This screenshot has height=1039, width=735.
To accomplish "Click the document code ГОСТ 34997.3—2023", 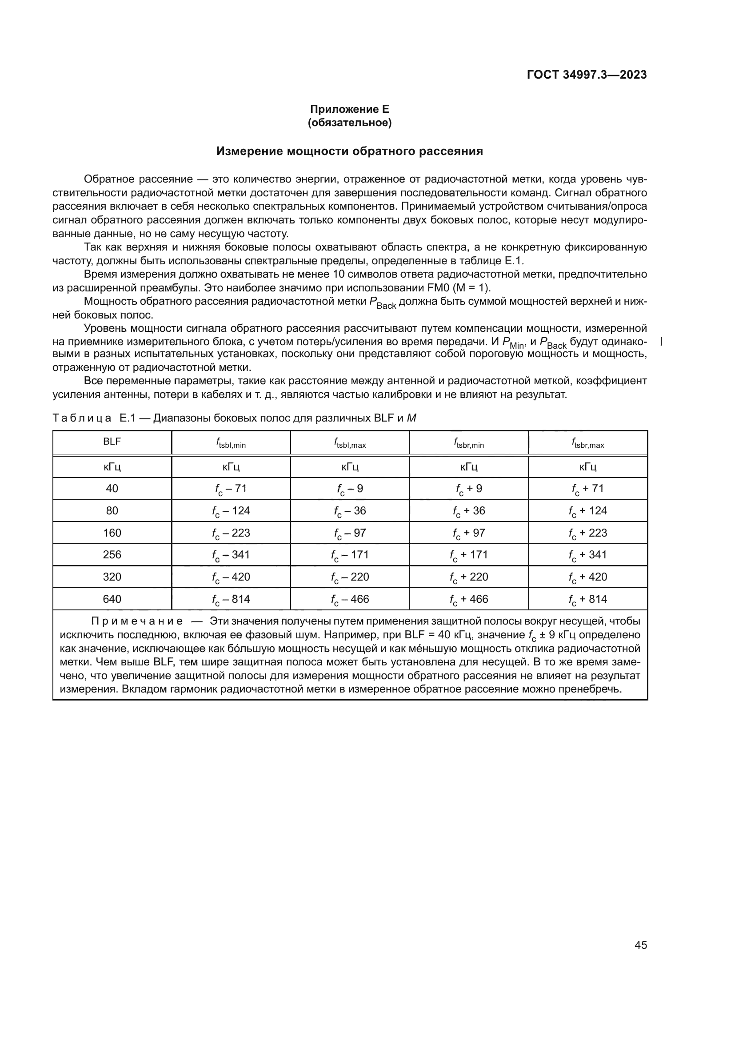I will pyautogui.click(x=587, y=75).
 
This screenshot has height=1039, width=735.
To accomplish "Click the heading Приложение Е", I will pyautogui.click(x=349, y=109).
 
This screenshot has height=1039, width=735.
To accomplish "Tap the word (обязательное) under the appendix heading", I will pyautogui.click(x=349, y=123).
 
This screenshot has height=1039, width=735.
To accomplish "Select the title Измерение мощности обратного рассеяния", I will pyautogui.click(x=349, y=151).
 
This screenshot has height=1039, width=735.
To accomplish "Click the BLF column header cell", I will pyautogui.click(x=112, y=442).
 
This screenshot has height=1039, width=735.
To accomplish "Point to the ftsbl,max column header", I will pyautogui.click(x=350, y=443).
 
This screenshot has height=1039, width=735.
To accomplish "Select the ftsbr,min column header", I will pyautogui.click(x=468, y=443).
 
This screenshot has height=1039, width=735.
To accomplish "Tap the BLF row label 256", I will pyautogui.click(x=112, y=555).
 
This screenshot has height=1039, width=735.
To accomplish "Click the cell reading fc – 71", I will pyautogui.click(x=231, y=489).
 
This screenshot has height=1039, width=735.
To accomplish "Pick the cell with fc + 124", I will pyautogui.click(x=587, y=511).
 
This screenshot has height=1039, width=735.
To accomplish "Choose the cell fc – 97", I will pyautogui.click(x=350, y=533).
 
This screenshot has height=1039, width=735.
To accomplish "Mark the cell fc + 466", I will pyautogui.click(x=468, y=599).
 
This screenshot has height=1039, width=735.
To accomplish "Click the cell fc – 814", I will pyautogui.click(x=231, y=599).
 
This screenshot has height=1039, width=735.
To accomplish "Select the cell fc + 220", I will pyautogui.click(x=468, y=577).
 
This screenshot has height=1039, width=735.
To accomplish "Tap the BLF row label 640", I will pyautogui.click(x=112, y=599).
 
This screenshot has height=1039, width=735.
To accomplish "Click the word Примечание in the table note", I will pyautogui.click(x=137, y=621).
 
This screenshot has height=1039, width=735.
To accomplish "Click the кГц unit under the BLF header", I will pyautogui.click(x=112, y=467).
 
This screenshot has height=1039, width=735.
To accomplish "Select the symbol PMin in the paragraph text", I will pyautogui.click(x=513, y=343).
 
